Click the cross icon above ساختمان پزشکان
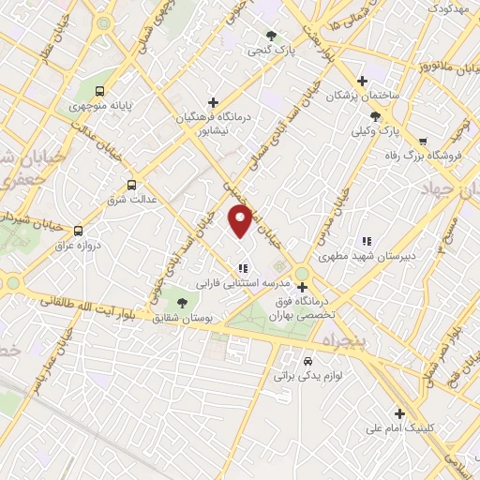coord(363,81)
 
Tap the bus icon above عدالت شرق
coord(131,185)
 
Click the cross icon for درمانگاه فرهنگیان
coord(214,102)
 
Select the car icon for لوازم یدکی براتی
coord(308,360)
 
